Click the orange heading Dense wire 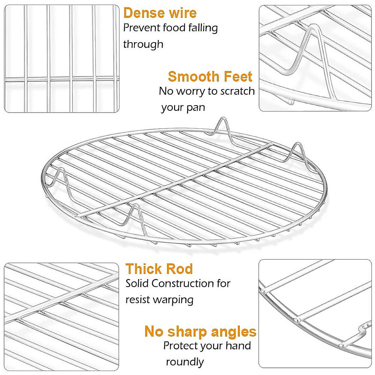[160, 13]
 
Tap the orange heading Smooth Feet [210, 77]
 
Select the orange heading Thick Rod [159, 269]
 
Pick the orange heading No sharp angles [200, 332]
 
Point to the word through [143, 44]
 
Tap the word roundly [185, 362]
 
